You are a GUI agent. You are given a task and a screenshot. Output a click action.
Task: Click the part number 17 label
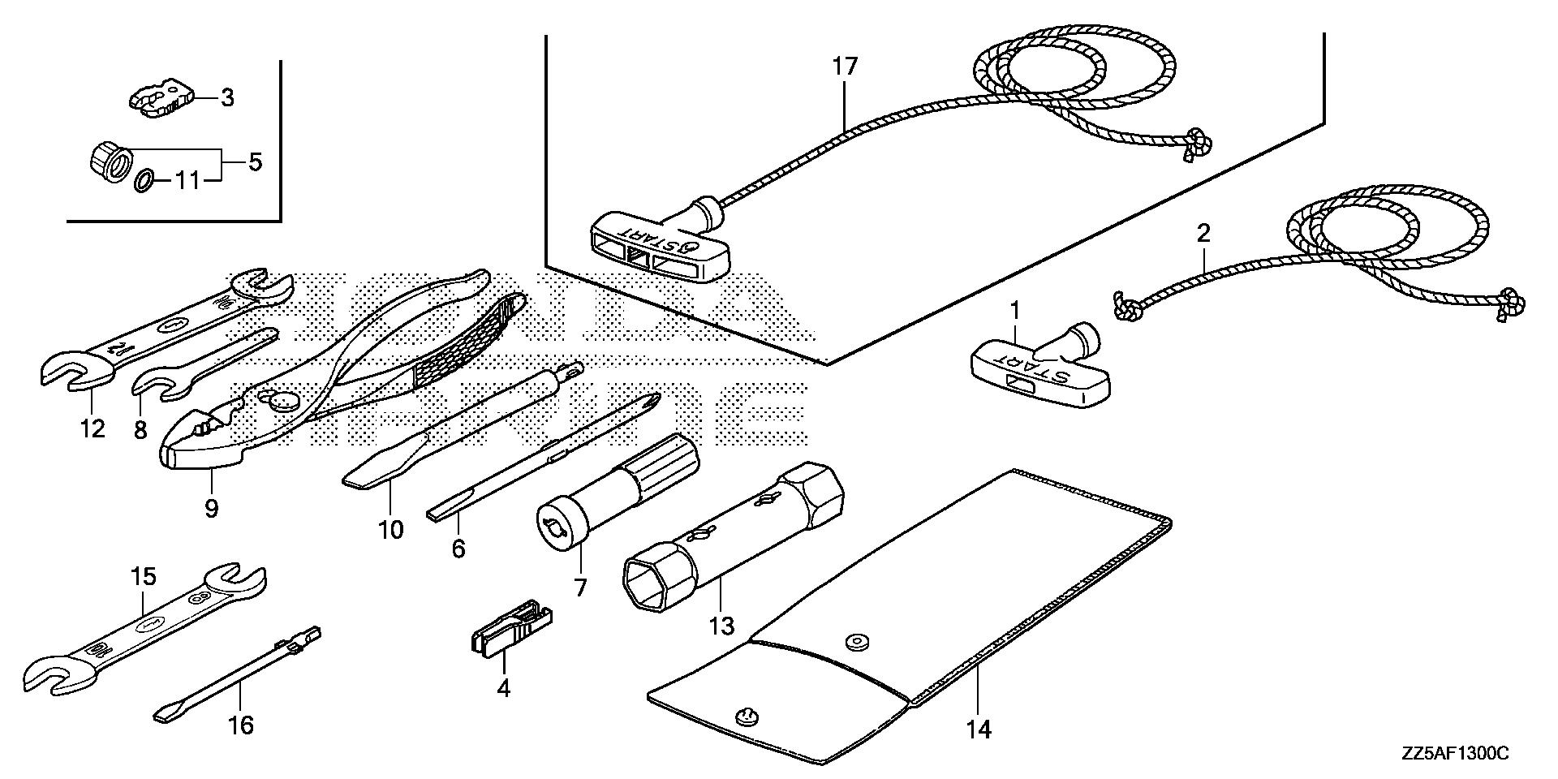pyautogui.click(x=845, y=67)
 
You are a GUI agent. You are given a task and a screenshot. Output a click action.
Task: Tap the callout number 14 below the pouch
pyautogui.click(x=979, y=730)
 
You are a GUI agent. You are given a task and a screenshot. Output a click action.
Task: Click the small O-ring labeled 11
pyautogui.click(x=142, y=180)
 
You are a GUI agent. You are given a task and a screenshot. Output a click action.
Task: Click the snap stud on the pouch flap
pyautogui.click(x=747, y=717)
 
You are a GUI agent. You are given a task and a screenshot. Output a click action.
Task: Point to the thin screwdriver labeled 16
pyautogui.click(x=235, y=678)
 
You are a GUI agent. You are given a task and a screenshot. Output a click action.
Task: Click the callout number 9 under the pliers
pyautogui.click(x=212, y=509)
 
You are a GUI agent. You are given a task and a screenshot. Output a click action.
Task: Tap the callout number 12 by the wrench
pyautogui.click(x=93, y=428)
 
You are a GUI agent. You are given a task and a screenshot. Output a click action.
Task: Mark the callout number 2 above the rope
pyautogui.click(x=1203, y=234)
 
